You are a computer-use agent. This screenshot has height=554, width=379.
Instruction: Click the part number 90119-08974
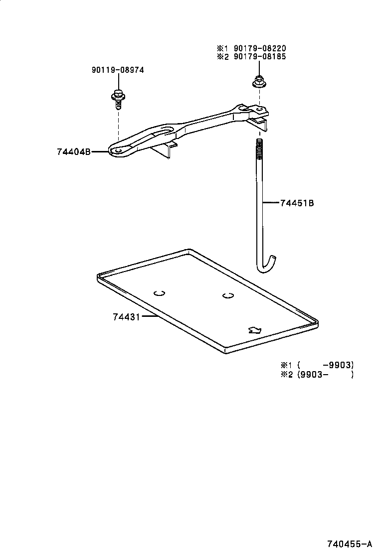coord(118,70)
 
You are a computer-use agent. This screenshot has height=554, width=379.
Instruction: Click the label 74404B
coord(74,152)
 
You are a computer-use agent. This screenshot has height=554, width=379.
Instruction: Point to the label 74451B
coord(297,203)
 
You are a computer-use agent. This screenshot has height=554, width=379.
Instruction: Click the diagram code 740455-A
coord(350,544)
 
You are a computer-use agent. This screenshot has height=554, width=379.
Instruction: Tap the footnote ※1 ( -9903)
coord(317,365)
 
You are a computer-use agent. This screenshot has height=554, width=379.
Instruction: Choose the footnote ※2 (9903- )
coord(317,375)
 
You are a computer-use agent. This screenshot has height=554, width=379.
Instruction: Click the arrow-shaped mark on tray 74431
coord(255,329)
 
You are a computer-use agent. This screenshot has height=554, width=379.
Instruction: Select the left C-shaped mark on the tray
coord(159,293)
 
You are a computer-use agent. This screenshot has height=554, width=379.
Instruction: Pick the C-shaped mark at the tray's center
coord(228,295)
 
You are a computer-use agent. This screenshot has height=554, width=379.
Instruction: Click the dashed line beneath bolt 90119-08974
coord(118,125)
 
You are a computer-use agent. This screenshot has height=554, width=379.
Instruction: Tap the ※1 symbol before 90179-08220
coord(221,48)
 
